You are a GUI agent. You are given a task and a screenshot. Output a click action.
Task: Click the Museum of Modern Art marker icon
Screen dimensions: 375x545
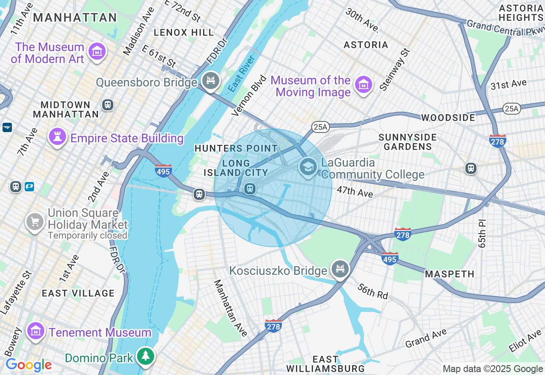pos(97,52)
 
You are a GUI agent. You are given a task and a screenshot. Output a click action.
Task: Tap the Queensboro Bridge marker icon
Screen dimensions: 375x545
pos(210,81)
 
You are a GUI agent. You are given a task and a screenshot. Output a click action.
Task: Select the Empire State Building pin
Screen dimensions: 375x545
pos(56,136)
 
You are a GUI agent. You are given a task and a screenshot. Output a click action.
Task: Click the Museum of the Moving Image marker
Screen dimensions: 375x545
pos(364,85)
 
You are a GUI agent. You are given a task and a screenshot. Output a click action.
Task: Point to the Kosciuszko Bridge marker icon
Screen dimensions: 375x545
pos(340,269)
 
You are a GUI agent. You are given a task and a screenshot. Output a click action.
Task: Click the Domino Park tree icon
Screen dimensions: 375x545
pos(146,356)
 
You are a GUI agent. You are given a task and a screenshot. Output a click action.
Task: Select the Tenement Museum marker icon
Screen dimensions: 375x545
pos(35,331)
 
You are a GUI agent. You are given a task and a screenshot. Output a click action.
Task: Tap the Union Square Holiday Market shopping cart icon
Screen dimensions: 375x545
pos(35,222)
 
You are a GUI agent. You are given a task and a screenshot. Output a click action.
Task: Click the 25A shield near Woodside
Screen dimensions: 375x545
pos(511,109)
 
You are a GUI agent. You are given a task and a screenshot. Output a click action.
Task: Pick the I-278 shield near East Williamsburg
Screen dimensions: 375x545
pos(273,326)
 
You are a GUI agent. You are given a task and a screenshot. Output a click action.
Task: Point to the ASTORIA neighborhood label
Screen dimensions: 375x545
pos(366,45)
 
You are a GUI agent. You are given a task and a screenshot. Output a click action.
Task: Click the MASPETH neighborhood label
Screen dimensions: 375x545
pos(450,274)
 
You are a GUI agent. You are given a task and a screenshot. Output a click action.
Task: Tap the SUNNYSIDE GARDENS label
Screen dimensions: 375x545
pos(407,142)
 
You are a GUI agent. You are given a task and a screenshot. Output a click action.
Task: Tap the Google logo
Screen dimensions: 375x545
pos(29,365)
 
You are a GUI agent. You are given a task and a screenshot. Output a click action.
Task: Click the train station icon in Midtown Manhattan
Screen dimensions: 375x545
pos(107,104)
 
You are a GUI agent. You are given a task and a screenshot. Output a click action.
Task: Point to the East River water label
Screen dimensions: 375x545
pos(241,73)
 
